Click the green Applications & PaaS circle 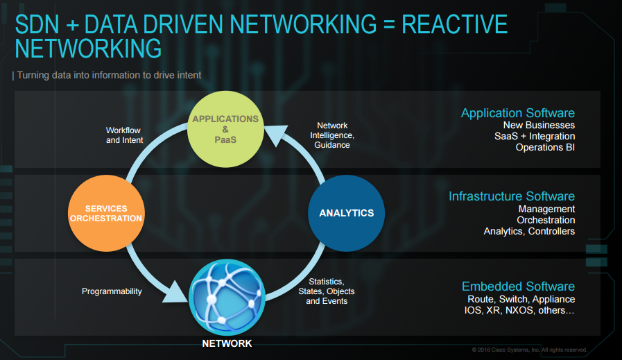[225, 129]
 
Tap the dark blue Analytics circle [346, 213]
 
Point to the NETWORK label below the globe [227, 343]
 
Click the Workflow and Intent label [124, 135]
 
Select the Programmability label [112, 291]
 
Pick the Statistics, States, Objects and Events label [327, 291]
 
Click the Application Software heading [517, 113]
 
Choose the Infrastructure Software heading [511, 196]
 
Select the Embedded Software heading [518, 286]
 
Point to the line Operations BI [545, 148]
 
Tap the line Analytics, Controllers [529, 231]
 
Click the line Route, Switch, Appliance [521, 299]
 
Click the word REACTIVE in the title [454, 26]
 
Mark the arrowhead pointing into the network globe [175, 291]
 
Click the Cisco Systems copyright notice [530, 350]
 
